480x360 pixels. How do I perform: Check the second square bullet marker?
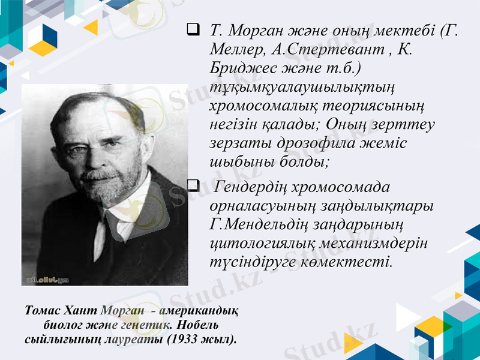[x=193, y=186]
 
